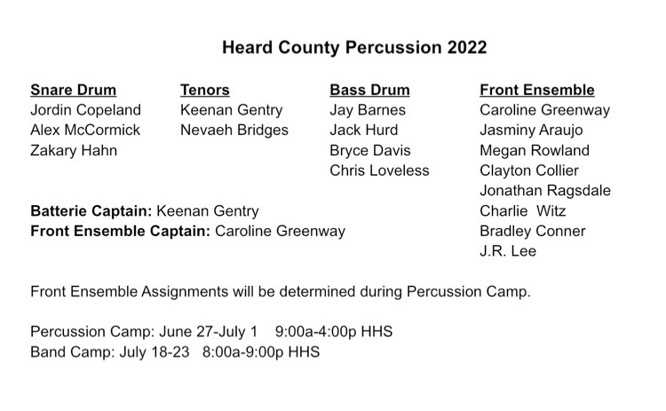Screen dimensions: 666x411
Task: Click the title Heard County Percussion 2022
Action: tap(354, 48)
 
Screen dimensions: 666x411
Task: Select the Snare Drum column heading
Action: tap(73, 90)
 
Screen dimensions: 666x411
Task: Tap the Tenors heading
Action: tap(205, 90)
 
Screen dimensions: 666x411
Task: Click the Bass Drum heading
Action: tap(369, 90)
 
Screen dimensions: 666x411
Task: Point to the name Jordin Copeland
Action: tap(85, 110)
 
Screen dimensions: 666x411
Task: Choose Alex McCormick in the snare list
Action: tap(85, 130)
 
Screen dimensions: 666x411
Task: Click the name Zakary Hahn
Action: tap(74, 150)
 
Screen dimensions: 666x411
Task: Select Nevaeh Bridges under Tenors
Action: tap(234, 130)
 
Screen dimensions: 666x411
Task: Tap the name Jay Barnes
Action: tap(368, 110)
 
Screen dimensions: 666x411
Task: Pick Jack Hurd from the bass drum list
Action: tap(363, 130)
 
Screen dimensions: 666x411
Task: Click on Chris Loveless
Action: tap(379, 170)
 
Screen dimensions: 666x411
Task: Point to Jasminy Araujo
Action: tap(531, 130)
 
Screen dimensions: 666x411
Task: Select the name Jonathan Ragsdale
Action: tap(545, 191)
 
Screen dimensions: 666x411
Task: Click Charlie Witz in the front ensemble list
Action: tap(522, 211)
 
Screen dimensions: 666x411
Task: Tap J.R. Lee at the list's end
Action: tap(508, 251)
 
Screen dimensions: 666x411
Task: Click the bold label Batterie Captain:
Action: tap(91, 211)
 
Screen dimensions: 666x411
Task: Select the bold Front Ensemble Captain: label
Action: tap(120, 231)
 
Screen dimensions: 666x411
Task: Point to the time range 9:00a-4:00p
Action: tap(315, 332)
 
